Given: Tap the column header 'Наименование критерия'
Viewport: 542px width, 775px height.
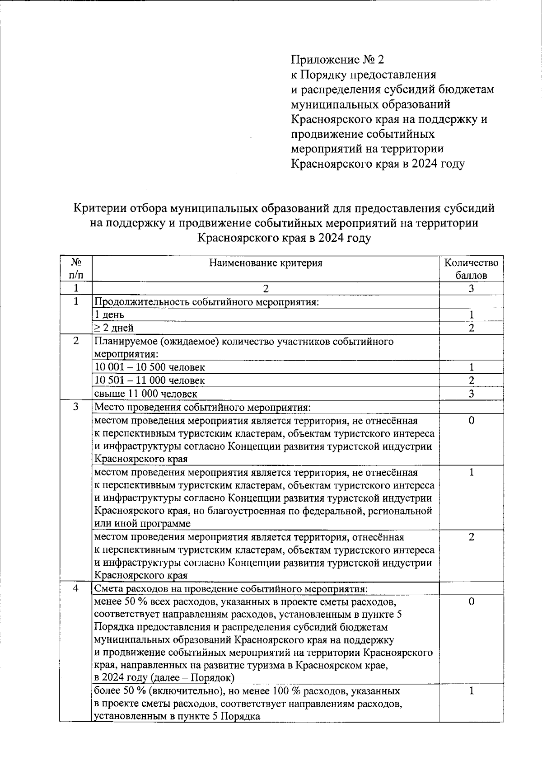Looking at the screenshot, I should tap(266, 263).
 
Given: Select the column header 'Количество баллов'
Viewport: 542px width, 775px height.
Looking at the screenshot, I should tap(471, 269).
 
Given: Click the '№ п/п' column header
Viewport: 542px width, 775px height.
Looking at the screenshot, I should tap(76, 269).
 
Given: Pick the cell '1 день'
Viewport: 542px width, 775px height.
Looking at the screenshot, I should tap(109, 315).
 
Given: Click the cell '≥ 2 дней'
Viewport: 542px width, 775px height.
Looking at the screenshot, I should tap(113, 328).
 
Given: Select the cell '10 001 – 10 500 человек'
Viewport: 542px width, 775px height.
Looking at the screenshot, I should tap(150, 367).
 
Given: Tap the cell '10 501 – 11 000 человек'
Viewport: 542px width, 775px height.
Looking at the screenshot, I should tap(150, 380).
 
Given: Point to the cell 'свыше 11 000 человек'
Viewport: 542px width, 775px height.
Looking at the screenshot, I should tap(145, 394).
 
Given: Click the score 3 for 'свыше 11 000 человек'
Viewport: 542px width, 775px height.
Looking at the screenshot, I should tap(471, 394).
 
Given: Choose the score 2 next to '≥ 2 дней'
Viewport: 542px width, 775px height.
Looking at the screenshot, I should tap(471, 328).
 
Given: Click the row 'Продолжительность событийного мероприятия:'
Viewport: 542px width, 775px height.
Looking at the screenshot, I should tap(206, 302).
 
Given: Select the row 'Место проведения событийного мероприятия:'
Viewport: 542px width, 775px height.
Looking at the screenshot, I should tap(202, 407).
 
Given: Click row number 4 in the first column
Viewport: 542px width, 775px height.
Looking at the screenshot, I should tap(76, 589).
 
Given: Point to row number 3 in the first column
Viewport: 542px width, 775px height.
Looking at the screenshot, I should tap(76, 407).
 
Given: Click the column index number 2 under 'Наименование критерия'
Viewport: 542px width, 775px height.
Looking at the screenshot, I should tap(266, 288).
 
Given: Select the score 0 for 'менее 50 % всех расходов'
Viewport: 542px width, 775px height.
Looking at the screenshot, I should tap(471, 602).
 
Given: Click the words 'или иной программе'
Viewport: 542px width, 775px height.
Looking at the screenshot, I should tap(142, 524).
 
